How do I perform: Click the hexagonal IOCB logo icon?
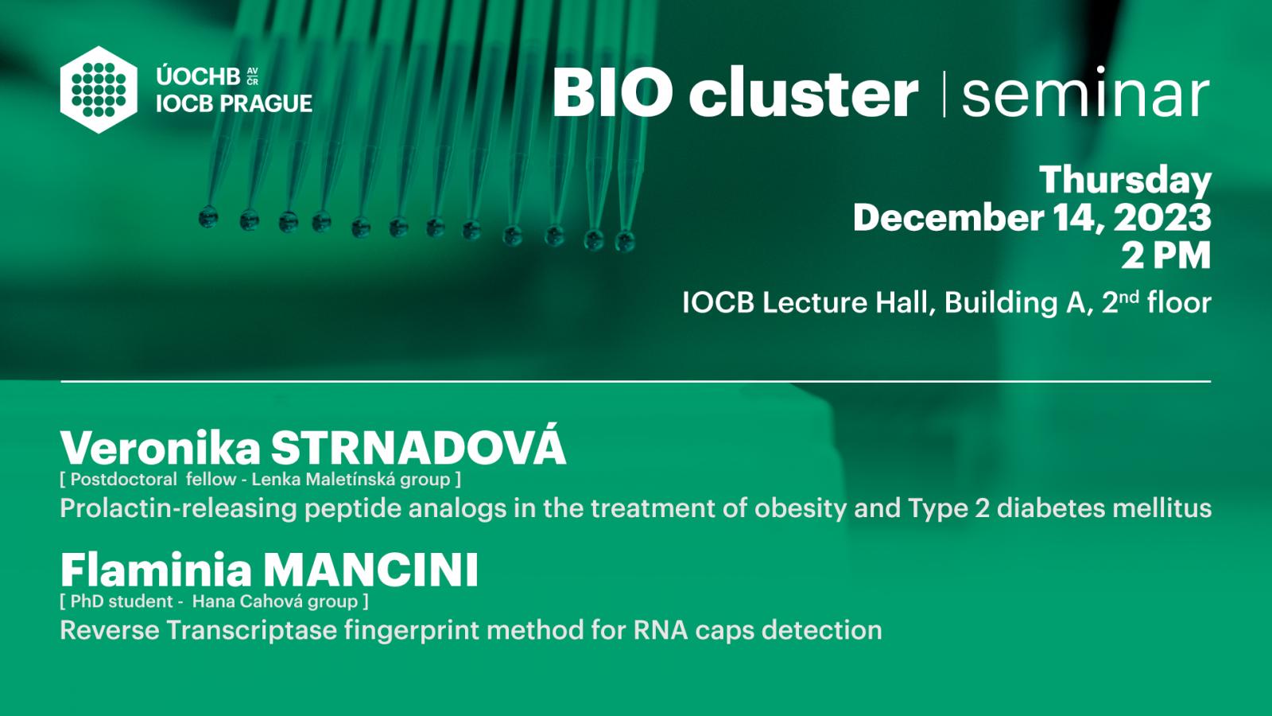99,90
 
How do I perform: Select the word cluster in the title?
804,91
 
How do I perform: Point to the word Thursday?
1125,181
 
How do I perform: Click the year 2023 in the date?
1162,218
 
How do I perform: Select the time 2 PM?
1165,255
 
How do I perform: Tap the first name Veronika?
160,449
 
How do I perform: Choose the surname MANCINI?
370,570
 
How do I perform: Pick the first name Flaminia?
156,570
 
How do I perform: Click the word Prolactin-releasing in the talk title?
178,508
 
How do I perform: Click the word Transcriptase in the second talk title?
251,630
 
